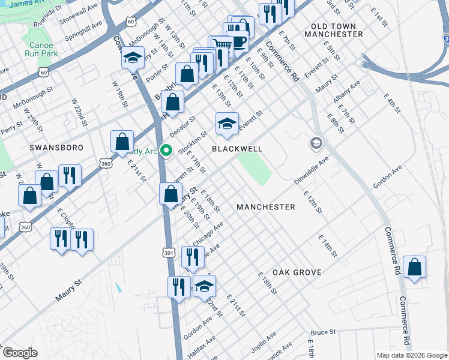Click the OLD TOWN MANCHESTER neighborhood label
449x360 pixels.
click(334, 30)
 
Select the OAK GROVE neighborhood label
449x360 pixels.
click(297, 272)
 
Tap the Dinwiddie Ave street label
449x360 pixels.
click(312, 171)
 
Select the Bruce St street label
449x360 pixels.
click(323, 332)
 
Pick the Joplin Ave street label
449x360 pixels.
click(264, 341)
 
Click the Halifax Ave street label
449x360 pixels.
click(203, 349)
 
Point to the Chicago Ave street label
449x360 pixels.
click(208, 233)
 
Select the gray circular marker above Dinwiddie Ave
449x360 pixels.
click(316, 143)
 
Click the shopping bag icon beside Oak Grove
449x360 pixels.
click(414, 268)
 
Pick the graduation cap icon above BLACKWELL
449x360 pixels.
click(226, 124)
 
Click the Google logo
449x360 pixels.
click(20, 353)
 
